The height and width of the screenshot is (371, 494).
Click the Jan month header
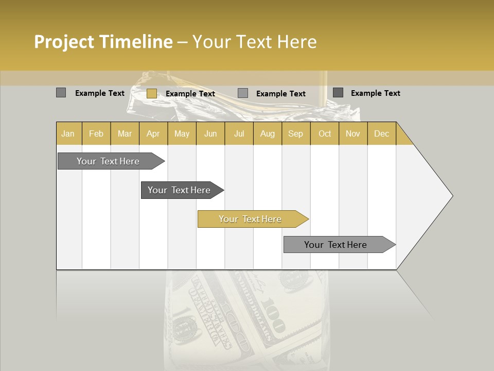pos(68,133)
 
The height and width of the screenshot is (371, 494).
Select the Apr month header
pos(153,133)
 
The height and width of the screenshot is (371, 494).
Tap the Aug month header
pos(268,133)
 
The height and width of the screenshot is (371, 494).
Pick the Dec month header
pos(382,133)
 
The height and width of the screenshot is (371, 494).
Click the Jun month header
pos(210,133)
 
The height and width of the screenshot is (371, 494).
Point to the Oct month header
pos(325,133)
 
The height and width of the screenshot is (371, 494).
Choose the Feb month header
pos(96,133)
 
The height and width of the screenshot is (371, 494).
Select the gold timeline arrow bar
pos(252,219)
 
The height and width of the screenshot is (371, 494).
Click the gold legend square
pos(152,93)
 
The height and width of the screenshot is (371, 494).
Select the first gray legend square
pos(61,93)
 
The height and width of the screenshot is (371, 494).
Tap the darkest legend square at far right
pos(338,93)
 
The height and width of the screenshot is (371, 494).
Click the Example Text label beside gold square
pos(190,94)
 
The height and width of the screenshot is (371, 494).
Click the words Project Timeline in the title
pos(103,42)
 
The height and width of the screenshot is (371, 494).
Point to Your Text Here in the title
pos(255,42)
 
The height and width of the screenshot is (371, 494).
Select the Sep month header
pos(296,133)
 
